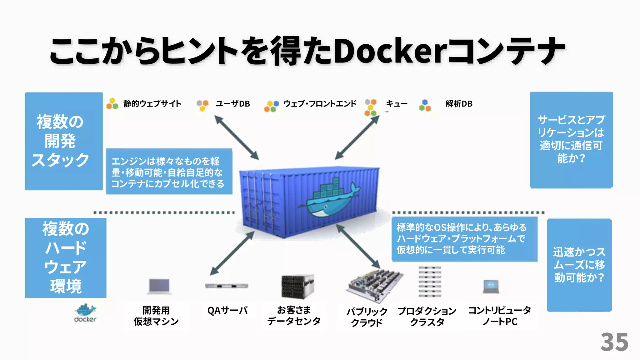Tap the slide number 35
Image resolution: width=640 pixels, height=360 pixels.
pyautogui.click(x=614, y=342)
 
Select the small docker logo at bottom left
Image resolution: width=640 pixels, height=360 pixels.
pyautogui.click(x=85, y=312)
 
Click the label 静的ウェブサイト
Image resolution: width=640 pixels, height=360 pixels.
pyautogui.click(x=152, y=104)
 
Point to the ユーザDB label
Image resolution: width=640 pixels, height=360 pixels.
pyautogui.click(x=232, y=104)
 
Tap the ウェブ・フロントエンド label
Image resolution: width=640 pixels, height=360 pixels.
pyautogui.click(x=319, y=104)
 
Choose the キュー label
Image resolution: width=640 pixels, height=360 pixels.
pyautogui.click(x=396, y=104)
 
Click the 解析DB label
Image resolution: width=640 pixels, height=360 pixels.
pyautogui.click(x=459, y=104)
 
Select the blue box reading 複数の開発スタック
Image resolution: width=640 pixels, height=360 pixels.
pyautogui.click(x=64, y=141)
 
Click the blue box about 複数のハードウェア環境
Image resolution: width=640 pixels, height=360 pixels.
pyautogui.click(x=66, y=258)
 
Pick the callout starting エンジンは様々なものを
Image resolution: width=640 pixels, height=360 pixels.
pyautogui.click(x=169, y=172)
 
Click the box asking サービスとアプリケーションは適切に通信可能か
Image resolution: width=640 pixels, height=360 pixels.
pyautogui.click(x=571, y=140)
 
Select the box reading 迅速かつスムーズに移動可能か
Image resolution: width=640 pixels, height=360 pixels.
pyautogui.click(x=579, y=265)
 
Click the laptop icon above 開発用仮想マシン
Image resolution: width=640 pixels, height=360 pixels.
pyautogui.click(x=159, y=286)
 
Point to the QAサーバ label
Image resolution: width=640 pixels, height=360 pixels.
pyautogui.click(x=227, y=311)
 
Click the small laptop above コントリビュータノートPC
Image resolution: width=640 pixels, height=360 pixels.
pyautogui.click(x=491, y=287)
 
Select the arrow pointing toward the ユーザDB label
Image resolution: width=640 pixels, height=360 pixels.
pyautogui.click(x=236, y=137)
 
